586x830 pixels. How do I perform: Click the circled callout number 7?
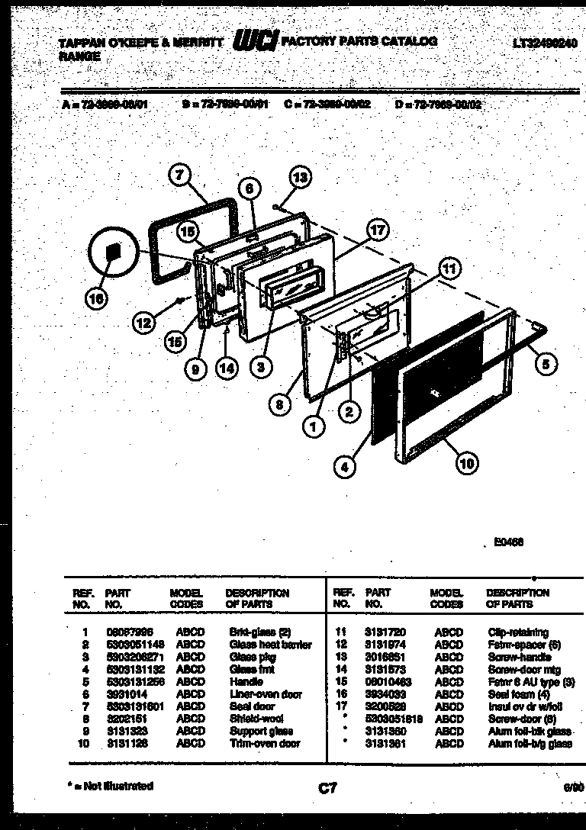point(179,175)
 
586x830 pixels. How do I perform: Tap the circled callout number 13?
point(301,177)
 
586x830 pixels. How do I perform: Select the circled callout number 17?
point(377,230)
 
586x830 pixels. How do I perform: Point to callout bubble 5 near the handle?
point(544,365)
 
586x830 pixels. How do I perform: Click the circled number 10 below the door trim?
point(465,460)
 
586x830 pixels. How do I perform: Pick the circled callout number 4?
point(345,465)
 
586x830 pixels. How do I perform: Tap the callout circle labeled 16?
point(95,301)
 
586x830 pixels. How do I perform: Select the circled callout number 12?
point(143,323)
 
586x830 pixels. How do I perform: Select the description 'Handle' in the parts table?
point(246,681)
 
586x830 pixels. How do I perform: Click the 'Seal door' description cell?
point(252,706)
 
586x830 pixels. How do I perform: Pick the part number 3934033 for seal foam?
point(385,694)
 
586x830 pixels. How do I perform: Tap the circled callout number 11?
point(450,268)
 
